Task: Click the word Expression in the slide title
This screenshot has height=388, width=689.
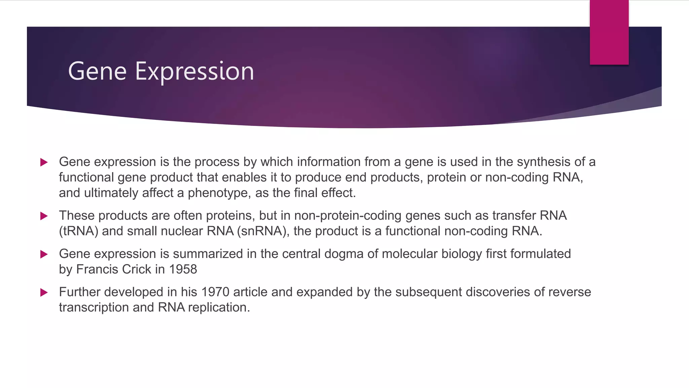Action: coord(194,71)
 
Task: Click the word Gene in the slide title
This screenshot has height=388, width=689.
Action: coord(97,71)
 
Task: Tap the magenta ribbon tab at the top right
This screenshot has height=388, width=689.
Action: coord(609,32)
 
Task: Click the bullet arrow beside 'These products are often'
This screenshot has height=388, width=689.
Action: coord(44,216)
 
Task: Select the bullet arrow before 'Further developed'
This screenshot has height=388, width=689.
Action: coord(44,292)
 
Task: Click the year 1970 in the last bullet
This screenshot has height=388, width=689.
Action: coord(215,292)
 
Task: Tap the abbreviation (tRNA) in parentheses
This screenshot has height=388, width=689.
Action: coord(78,231)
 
